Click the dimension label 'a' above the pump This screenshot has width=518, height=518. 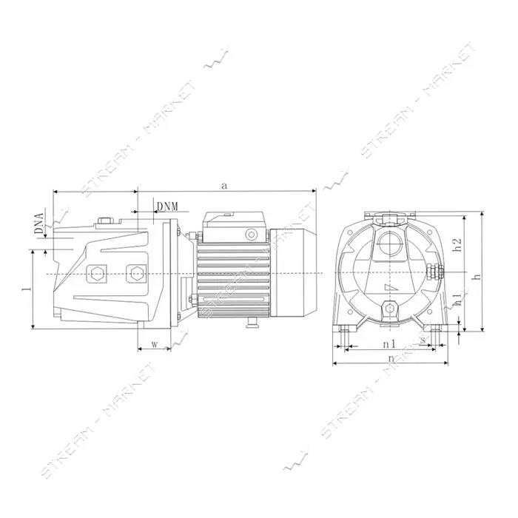tap(225, 186)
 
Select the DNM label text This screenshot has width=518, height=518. tap(167, 206)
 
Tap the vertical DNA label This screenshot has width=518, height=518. tap(39, 223)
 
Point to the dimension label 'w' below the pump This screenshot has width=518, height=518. tap(154, 344)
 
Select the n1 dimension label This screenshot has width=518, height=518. tap(388, 344)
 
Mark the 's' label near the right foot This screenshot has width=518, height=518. tap(423, 340)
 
